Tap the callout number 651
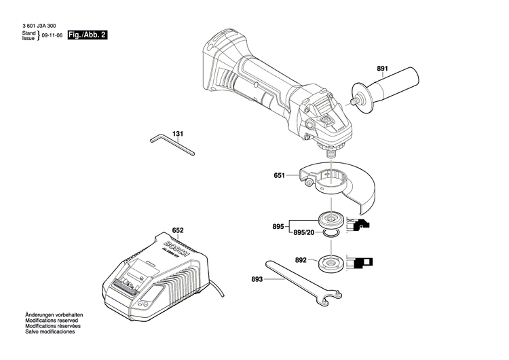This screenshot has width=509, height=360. click(x=279, y=176)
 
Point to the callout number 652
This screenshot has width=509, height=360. click(x=178, y=230)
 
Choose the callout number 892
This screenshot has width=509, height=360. click(x=301, y=259)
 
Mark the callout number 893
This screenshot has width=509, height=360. click(x=257, y=278)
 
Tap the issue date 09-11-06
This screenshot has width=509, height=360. click(x=52, y=35)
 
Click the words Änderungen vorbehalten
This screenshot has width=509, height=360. click(x=54, y=316)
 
